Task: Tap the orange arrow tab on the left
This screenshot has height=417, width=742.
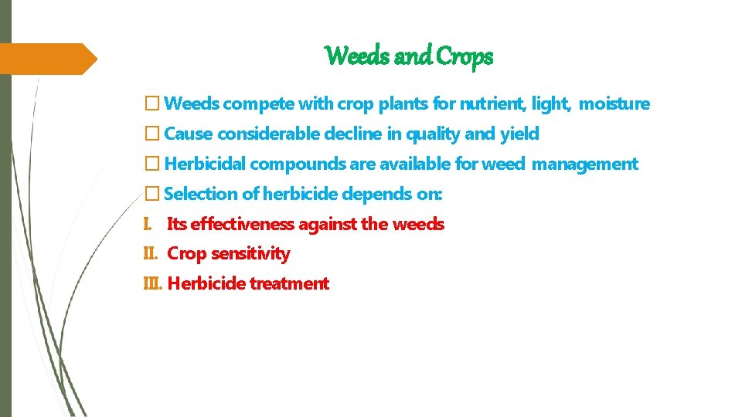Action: pyautogui.click(x=46, y=59)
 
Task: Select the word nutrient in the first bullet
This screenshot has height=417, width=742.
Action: pyautogui.click(x=491, y=103)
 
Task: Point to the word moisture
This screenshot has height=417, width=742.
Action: pyautogui.click(x=614, y=103)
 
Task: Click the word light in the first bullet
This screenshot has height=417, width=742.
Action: pyautogui.click(x=550, y=103)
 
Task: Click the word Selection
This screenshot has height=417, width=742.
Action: pyautogui.click(x=201, y=194)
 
